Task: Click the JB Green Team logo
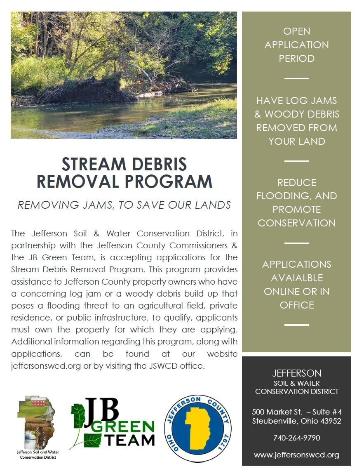(x=112, y=423)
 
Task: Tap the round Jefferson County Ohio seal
(x=197, y=429)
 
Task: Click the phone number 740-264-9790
(x=296, y=438)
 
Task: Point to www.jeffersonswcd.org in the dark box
(x=296, y=455)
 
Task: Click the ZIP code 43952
(x=328, y=421)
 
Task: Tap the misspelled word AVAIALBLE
(x=296, y=278)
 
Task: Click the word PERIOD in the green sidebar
(x=296, y=58)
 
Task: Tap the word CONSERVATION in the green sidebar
(x=296, y=223)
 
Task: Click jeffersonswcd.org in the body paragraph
(x=46, y=366)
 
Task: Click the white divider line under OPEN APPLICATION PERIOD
(x=296, y=78)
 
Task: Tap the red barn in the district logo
(x=38, y=401)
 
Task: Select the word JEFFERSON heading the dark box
(x=296, y=373)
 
